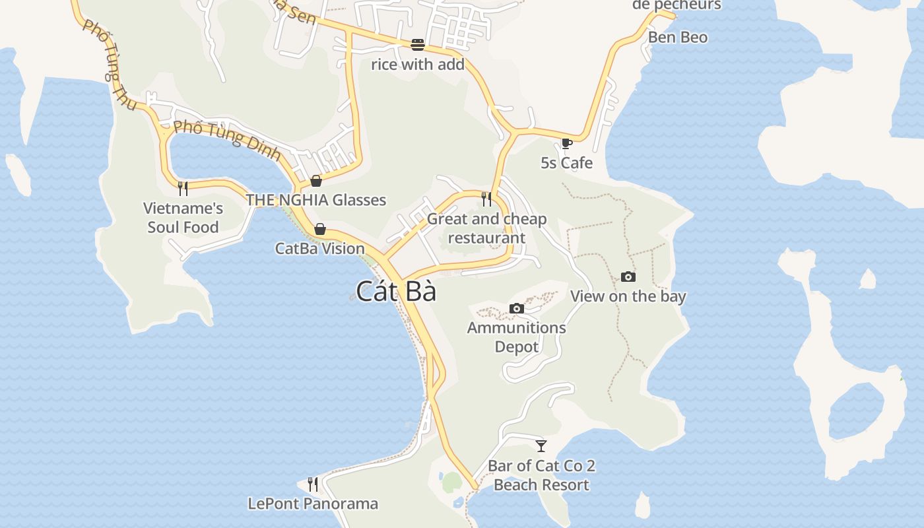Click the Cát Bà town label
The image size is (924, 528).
coord(396,291)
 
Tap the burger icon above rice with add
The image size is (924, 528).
coord(418,44)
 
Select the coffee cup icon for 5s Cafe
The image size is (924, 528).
coord(566,143)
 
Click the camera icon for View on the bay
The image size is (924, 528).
coord(628,277)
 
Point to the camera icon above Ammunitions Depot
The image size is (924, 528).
coord(517,308)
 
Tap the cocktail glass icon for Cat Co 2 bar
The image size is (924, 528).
coord(541,445)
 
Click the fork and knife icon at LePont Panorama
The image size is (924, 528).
coord(313,484)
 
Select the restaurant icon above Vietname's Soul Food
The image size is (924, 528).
coord(183,189)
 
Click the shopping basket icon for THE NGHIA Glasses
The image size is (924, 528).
coord(316,181)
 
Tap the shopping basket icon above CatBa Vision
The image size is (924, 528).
coord(320,229)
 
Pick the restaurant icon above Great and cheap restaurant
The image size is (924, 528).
coord(486,199)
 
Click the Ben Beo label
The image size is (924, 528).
coord(677,38)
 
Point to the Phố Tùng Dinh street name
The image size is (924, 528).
coord(227,140)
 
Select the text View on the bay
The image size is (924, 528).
coord(628,296)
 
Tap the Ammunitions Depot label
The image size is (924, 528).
coord(517,337)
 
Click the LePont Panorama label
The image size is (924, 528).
coord(313,504)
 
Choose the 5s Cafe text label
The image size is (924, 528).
coord(566,163)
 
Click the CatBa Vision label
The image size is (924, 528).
coord(319,249)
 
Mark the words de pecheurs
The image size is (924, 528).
coord(676,5)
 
